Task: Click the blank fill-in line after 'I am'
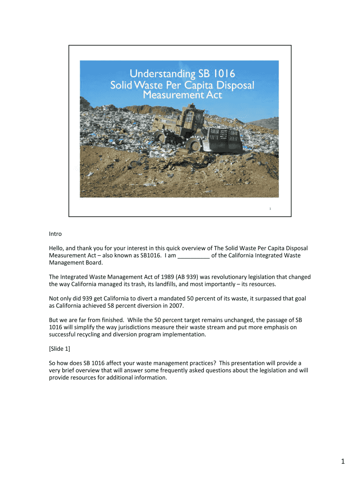click(194, 255)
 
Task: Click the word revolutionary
click(220, 277)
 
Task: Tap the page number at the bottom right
click(342, 462)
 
